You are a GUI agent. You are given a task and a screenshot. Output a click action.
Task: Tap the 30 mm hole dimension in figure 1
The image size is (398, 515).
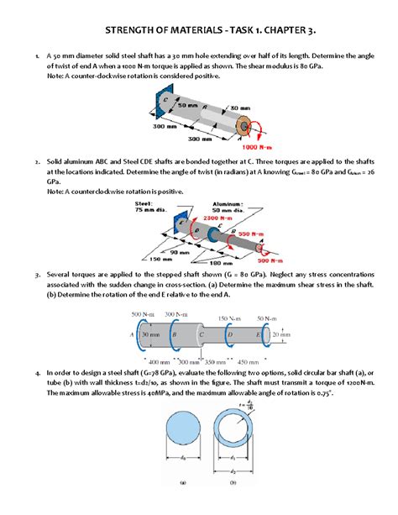[x=239, y=108]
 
